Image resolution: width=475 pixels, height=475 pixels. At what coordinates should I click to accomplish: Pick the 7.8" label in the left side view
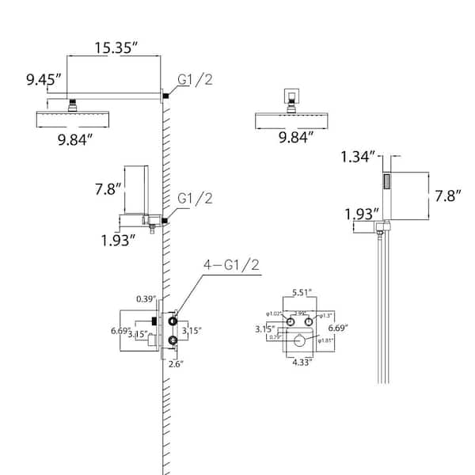tap(107, 188)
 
